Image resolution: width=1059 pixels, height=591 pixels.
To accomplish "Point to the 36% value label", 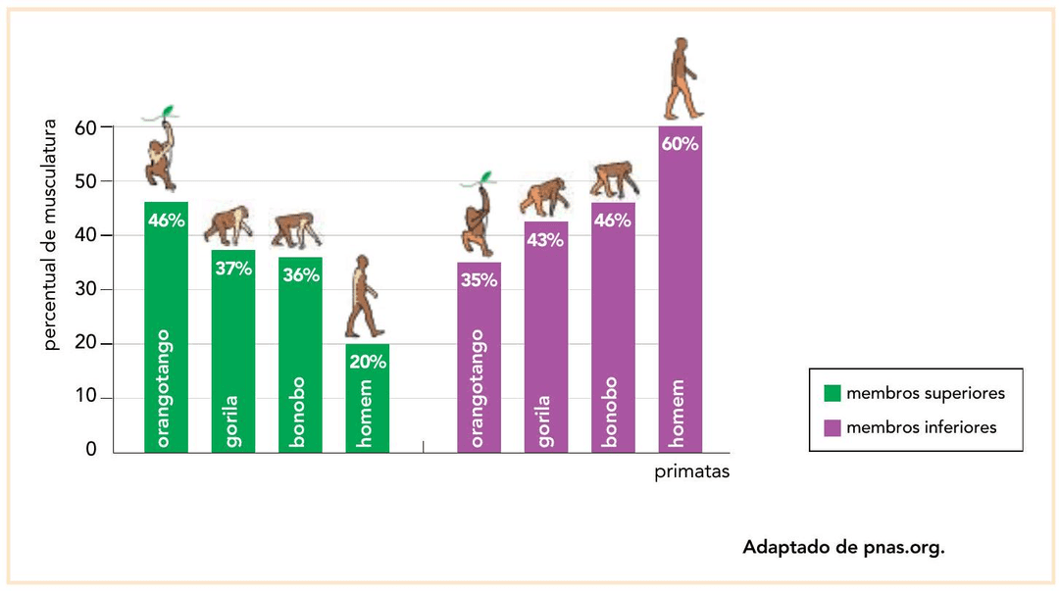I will (x=300, y=275).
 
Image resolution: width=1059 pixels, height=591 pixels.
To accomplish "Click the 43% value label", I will (x=545, y=240).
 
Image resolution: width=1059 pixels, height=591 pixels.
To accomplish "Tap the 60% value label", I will (x=680, y=144).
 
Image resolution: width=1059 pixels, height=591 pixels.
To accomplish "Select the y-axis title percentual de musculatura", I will (x=52, y=235).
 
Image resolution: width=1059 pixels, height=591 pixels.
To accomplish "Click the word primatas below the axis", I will (x=692, y=472).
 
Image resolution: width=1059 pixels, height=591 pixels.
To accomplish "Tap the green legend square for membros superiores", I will (x=832, y=393).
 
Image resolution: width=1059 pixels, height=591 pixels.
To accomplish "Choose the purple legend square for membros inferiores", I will (x=832, y=427).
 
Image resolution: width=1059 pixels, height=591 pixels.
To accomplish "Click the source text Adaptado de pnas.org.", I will (x=843, y=547).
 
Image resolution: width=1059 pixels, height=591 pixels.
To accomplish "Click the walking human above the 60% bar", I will (x=680, y=78).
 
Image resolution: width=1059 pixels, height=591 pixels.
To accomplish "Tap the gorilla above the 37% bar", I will (x=228, y=225).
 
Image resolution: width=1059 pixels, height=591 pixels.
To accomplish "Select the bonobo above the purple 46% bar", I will (x=614, y=178).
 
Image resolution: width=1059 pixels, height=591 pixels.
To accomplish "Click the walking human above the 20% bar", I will (x=364, y=297).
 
